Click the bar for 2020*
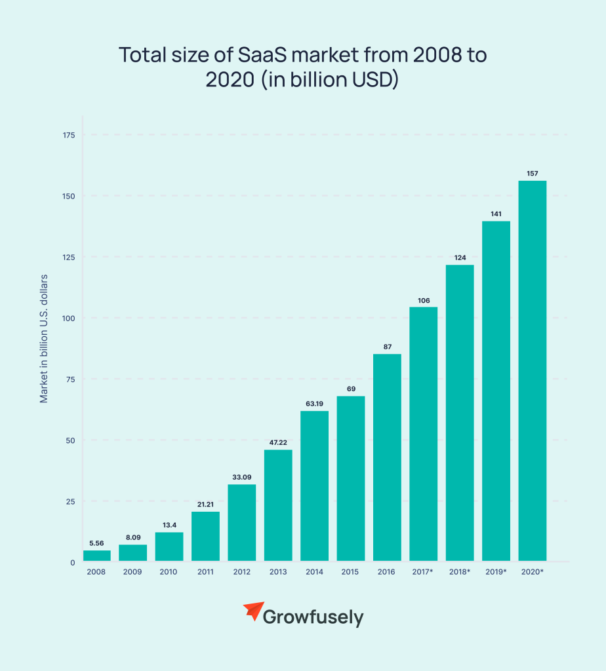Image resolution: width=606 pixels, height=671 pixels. [x=532, y=371]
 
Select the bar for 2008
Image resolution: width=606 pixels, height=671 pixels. [x=96, y=556]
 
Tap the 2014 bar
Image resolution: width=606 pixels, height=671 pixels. [x=314, y=486]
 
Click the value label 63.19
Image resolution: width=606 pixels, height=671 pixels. [x=314, y=403]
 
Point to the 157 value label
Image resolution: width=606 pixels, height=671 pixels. [x=532, y=173]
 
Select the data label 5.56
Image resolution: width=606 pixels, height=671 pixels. [x=96, y=543]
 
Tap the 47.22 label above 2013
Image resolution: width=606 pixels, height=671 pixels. [x=278, y=442]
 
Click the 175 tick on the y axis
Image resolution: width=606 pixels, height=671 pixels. [x=69, y=135]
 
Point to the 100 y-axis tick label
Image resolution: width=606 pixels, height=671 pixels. [x=69, y=318]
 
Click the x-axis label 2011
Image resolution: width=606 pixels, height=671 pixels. [x=205, y=572]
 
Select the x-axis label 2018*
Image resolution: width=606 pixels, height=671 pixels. [x=460, y=572]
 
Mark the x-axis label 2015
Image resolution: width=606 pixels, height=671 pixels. [x=350, y=572]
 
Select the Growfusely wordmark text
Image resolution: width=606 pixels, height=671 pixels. [x=313, y=617]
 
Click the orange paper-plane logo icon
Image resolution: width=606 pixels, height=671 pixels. [x=253, y=612]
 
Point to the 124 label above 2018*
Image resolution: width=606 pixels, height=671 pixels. [x=460, y=258]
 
